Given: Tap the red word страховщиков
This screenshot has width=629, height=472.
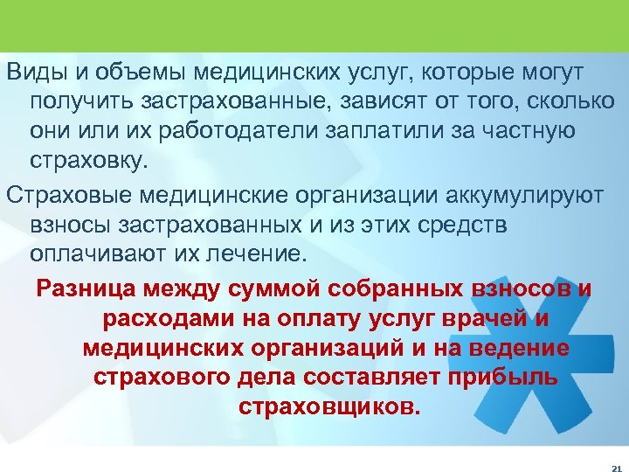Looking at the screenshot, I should [328, 408].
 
